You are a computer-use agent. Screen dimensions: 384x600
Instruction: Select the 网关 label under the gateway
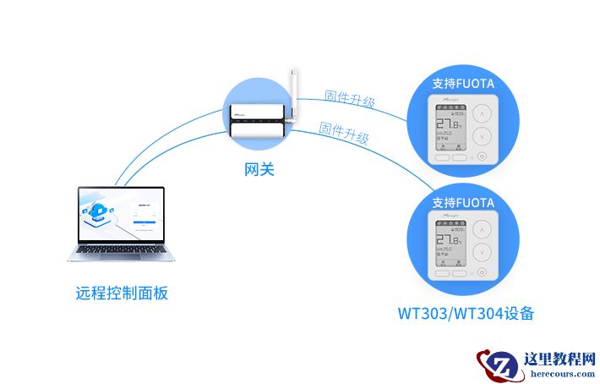259,169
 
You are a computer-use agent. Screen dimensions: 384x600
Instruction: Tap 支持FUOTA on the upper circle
462,84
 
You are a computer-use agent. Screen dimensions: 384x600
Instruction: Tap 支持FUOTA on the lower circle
462,203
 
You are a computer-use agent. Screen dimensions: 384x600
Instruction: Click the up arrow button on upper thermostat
482,112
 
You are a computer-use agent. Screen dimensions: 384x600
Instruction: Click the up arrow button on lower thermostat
482,231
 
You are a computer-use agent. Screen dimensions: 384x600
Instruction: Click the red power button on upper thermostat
482,156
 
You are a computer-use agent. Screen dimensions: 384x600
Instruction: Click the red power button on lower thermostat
482,272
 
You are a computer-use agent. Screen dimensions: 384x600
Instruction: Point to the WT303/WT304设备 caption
466,313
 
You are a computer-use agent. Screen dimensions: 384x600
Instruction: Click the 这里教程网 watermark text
560,359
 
